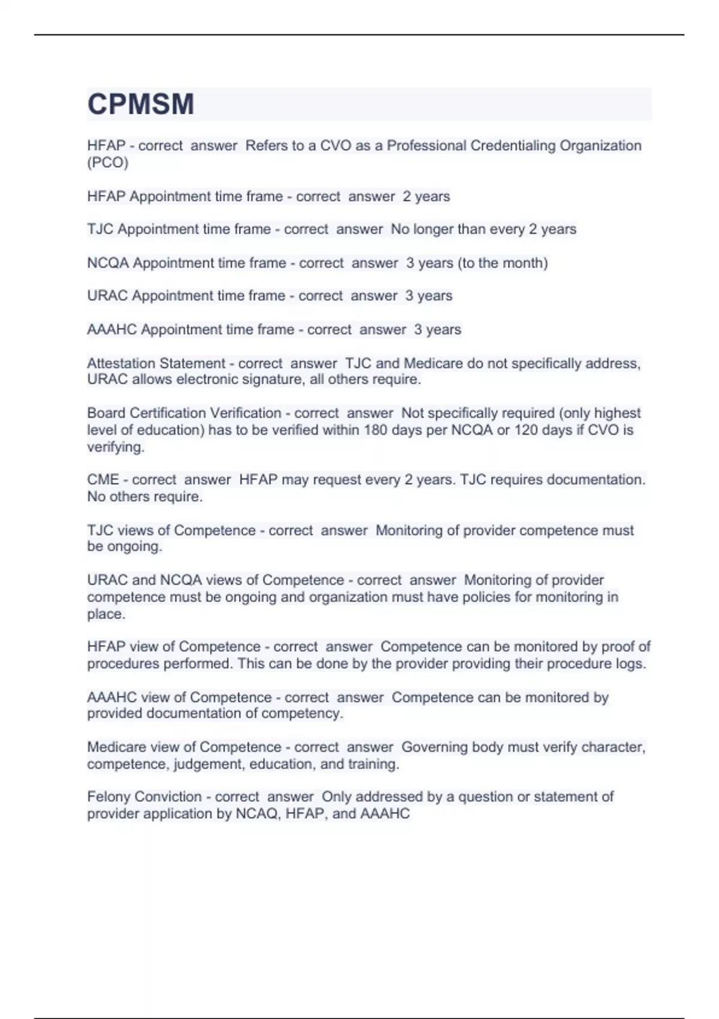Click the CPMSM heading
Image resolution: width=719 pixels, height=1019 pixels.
coord(141,104)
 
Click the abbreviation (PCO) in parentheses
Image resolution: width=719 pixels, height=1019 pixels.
coord(108,162)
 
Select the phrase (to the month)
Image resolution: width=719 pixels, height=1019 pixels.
coord(503,263)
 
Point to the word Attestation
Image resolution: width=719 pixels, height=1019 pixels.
coord(122,363)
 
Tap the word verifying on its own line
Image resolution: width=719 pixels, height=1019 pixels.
coord(115,447)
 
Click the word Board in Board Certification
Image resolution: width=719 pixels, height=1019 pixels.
coord(106,413)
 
